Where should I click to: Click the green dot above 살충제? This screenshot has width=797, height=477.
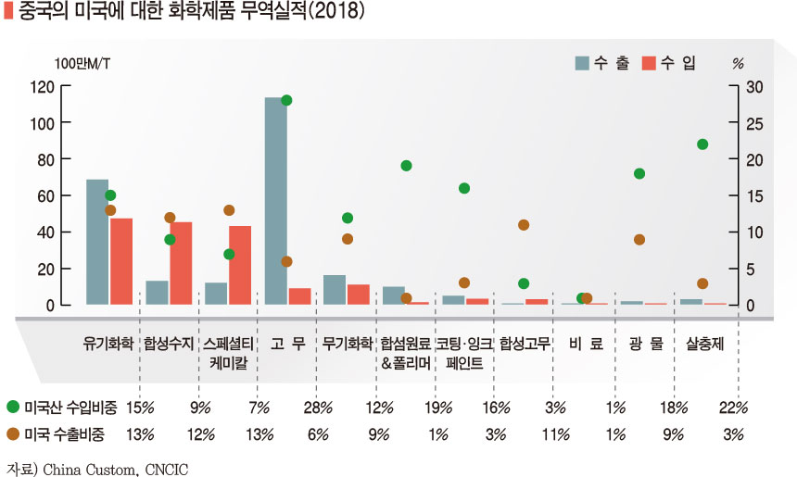(x=702, y=144)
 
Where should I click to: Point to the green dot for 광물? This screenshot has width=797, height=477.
(x=639, y=173)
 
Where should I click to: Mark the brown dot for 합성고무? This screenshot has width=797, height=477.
(x=524, y=225)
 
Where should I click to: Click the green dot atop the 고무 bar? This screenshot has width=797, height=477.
(x=286, y=100)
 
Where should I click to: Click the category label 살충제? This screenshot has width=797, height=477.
(x=703, y=344)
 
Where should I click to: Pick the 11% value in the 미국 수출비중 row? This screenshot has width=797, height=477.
(x=555, y=433)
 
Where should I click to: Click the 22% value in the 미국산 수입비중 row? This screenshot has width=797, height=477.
(x=733, y=407)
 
